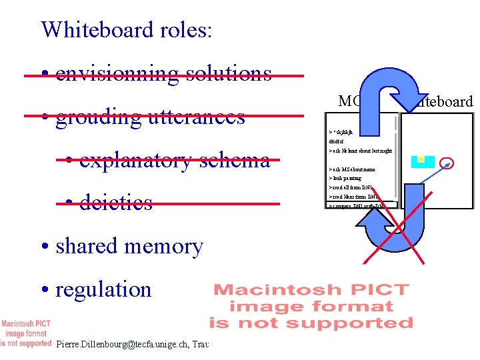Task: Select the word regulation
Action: click(x=104, y=289)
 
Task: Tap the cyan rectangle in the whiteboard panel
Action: click(x=422, y=161)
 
